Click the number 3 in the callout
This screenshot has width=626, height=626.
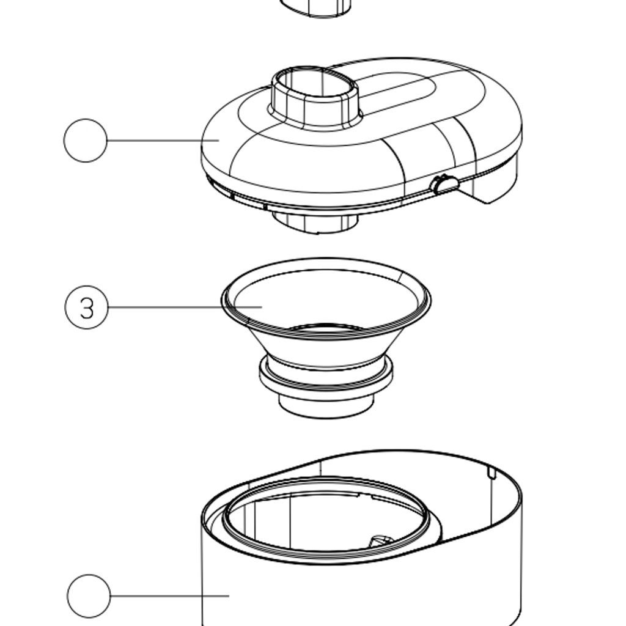coord(87,308)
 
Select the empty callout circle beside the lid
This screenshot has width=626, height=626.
coord(86,140)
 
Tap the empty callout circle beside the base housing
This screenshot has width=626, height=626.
coord(89,595)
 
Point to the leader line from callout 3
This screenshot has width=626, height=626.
coord(185,307)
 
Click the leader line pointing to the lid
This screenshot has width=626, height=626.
coord(163,140)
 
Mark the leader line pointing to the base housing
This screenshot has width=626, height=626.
coord(170,595)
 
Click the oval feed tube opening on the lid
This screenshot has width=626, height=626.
coord(314,84)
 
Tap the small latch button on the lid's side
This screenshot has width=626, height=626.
coord(444,185)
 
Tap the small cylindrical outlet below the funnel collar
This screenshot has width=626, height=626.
coord(326,407)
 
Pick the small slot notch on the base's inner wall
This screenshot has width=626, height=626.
coord(492,473)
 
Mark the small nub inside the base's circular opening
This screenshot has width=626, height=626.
coord(381,542)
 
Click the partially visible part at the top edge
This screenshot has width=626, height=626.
coord(315,8)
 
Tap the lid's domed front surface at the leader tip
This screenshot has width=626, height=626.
coord(219,141)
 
